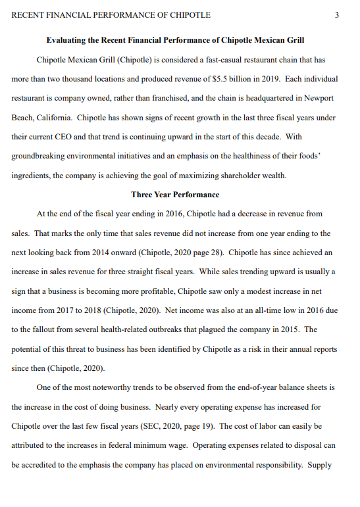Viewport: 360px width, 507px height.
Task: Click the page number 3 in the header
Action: coord(336,15)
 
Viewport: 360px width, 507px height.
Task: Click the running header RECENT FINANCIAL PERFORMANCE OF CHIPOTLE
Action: coord(111,15)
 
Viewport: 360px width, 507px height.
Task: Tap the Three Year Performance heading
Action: coord(175,195)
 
